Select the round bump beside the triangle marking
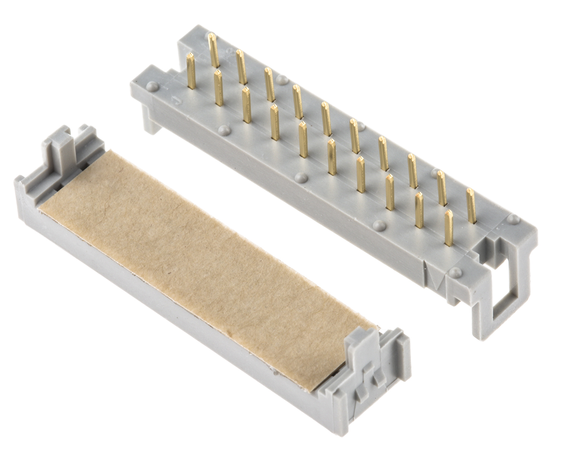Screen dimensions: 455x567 pos(455,272)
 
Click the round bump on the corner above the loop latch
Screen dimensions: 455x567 pos(513,219)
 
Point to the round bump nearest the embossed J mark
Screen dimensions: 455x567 pos(152,86)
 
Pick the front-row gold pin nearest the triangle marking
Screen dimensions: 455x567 pos(448,227)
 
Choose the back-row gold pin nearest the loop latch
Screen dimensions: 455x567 pos(471,205)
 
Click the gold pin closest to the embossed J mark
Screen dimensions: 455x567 pos(191,71)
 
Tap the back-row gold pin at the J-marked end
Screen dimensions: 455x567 pos(214,50)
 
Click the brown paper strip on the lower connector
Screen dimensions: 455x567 pos(203,264)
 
